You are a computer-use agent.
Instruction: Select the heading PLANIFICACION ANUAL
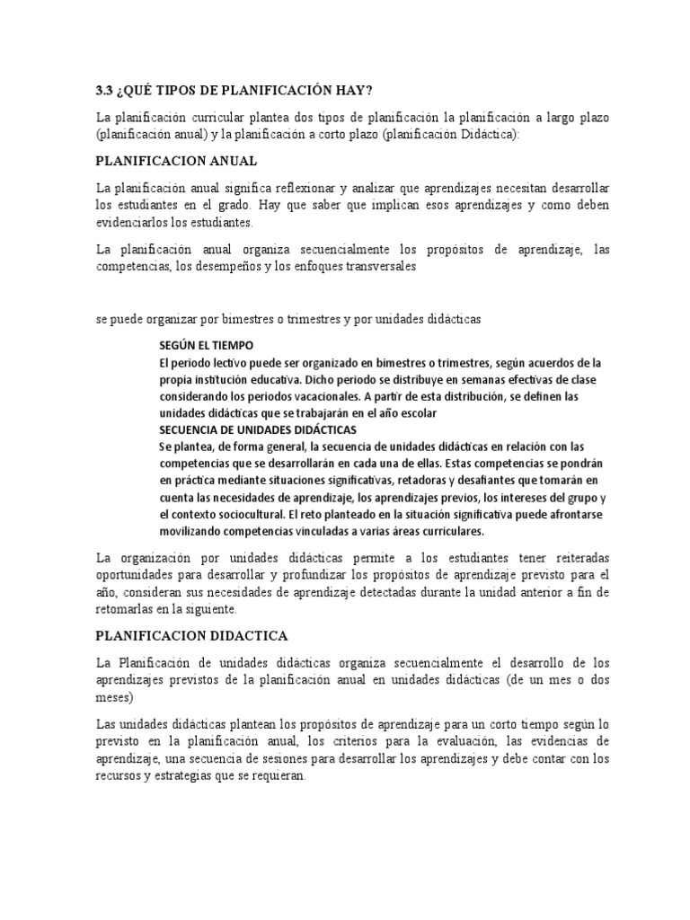(x=177, y=161)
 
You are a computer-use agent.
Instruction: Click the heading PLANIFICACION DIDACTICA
(x=192, y=635)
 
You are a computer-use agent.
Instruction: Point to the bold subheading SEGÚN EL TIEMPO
(x=207, y=345)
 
